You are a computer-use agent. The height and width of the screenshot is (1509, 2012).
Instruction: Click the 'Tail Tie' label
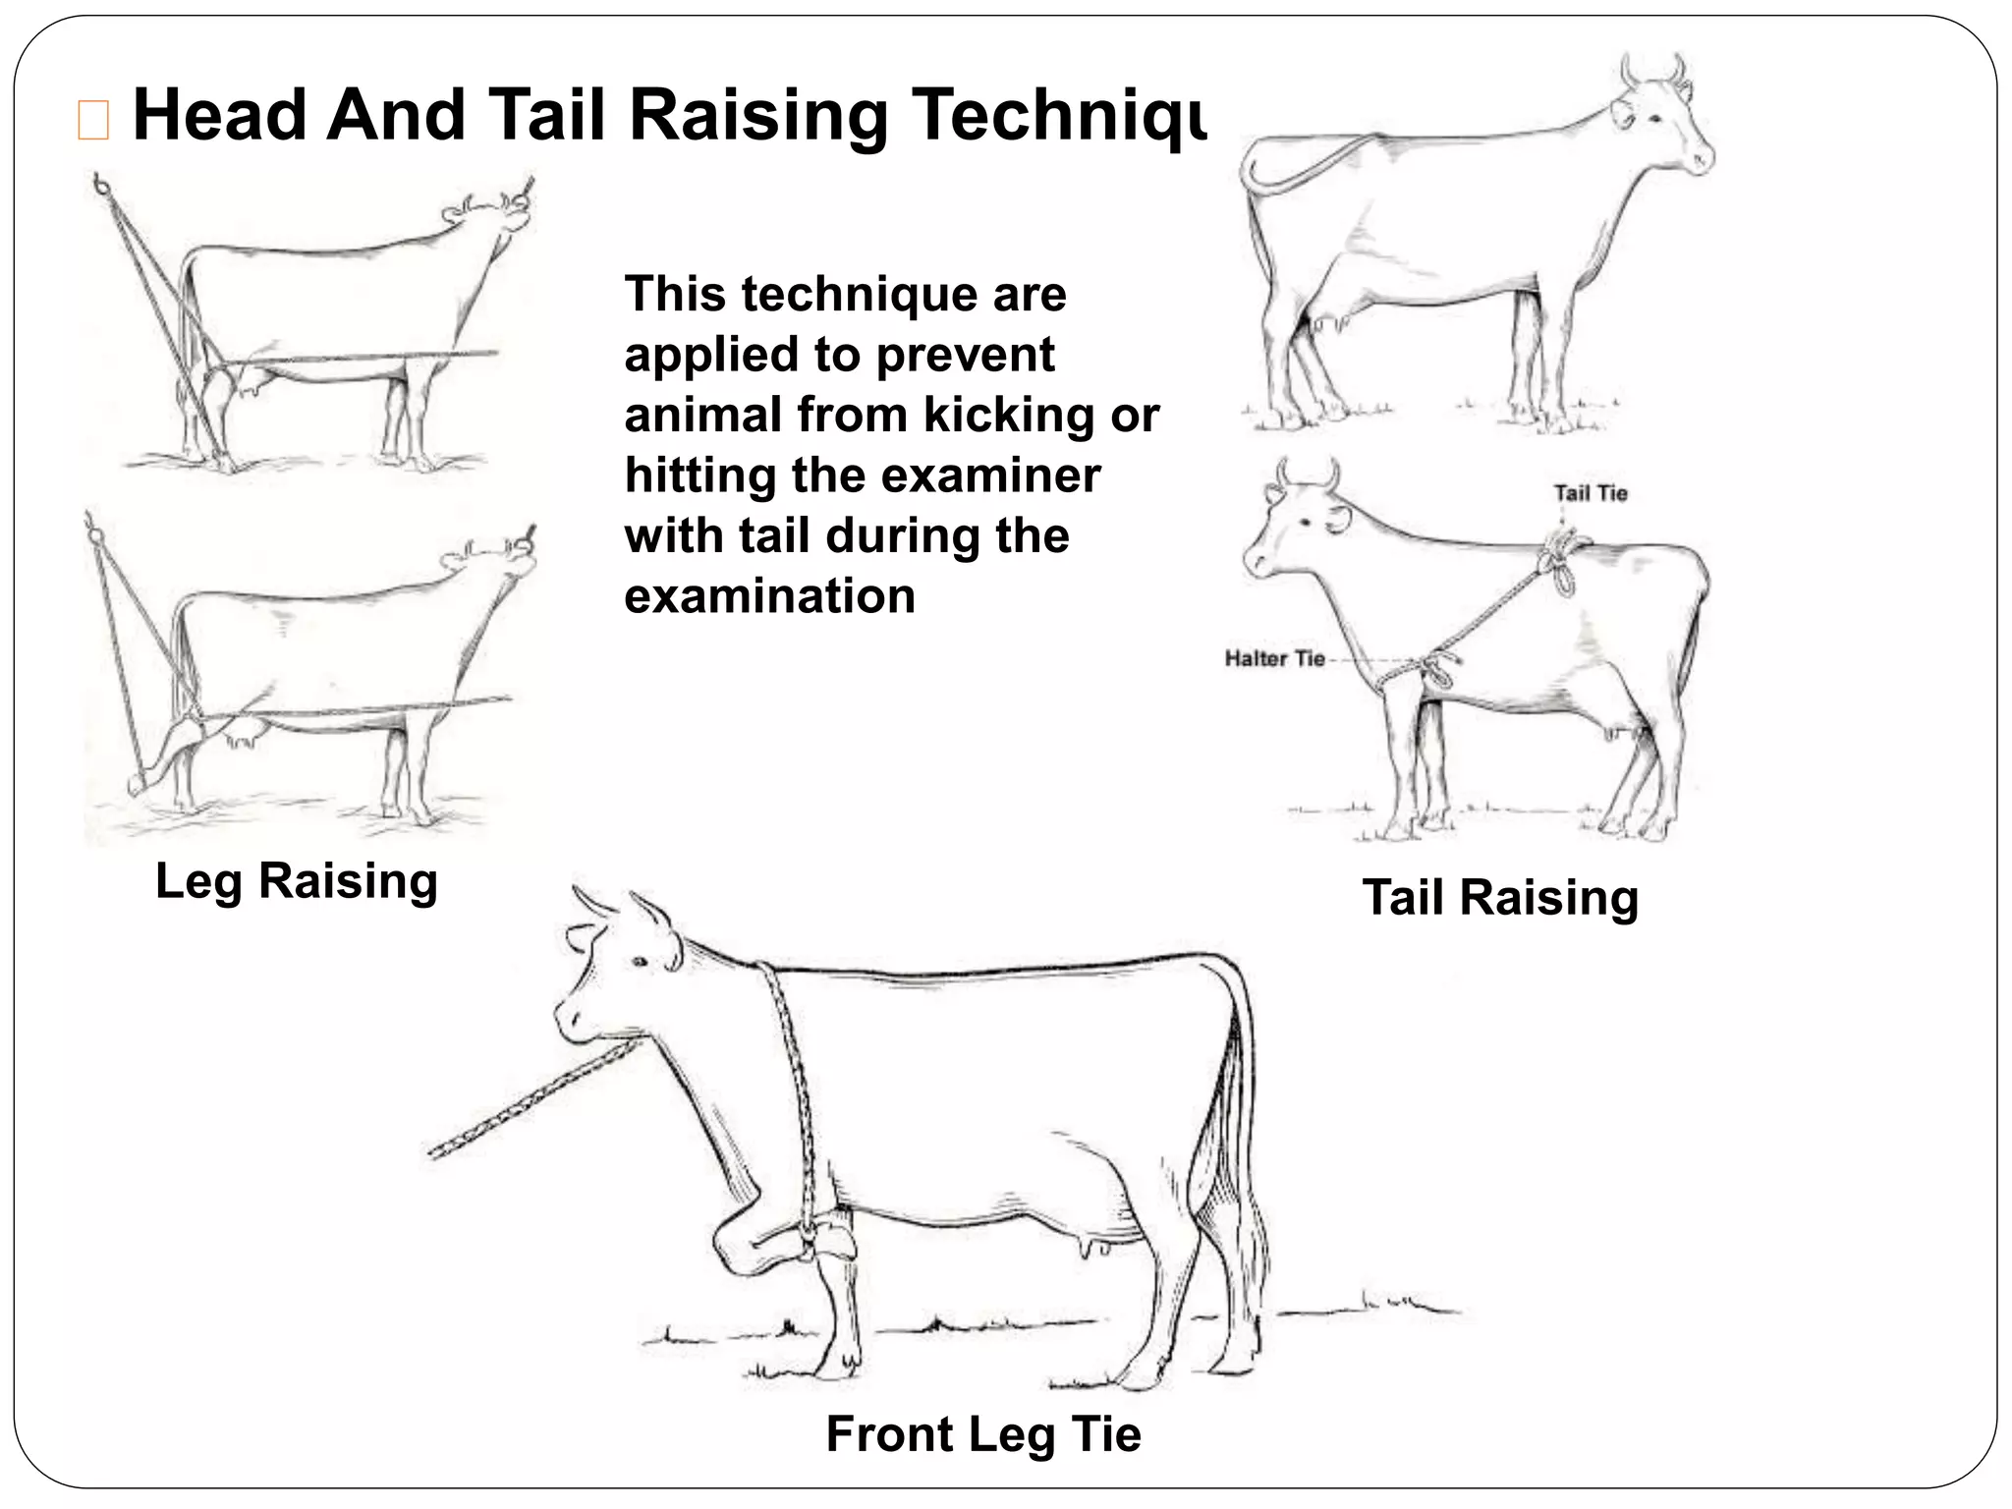(1591, 493)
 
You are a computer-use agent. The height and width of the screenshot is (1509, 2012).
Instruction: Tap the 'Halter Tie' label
(1274, 658)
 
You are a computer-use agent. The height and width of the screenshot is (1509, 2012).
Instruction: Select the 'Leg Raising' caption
(297, 880)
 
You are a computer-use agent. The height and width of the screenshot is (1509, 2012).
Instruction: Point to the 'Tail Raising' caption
(1500, 897)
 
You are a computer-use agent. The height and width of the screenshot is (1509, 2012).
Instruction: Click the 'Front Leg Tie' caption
(983, 1433)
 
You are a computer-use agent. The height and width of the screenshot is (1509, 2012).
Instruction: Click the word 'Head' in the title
(219, 115)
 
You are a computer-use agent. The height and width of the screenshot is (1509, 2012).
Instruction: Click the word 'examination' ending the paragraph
(769, 596)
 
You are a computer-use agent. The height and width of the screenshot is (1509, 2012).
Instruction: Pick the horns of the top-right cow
(1652, 71)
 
